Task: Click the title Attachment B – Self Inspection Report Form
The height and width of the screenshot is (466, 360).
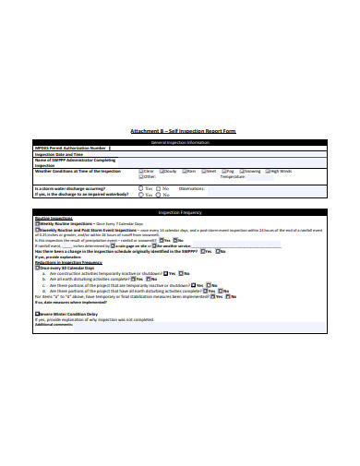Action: [x=180, y=133]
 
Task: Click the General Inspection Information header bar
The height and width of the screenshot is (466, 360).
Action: [x=180, y=143]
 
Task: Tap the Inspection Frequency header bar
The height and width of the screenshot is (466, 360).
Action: [x=180, y=212]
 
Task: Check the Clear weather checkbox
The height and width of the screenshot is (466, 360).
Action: [x=138, y=171]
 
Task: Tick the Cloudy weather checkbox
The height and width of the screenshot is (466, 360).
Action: [x=162, y=171]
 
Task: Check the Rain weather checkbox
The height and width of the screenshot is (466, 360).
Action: [x=185, y=171]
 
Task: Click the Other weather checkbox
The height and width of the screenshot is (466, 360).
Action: [x=138, y=176]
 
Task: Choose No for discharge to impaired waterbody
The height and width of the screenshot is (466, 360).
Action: [x=157, y=195]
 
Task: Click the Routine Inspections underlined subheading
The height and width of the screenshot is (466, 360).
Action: [x=52, y=219]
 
